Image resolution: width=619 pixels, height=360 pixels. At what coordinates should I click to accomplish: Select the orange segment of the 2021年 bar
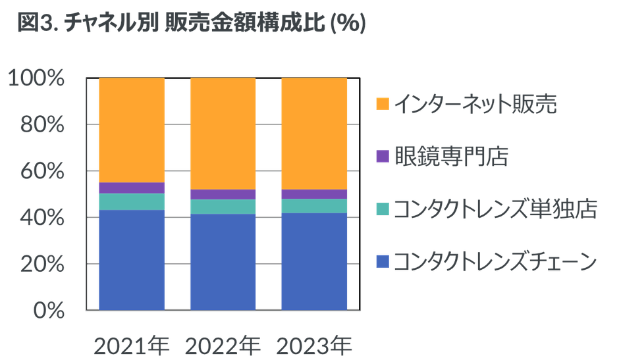click(x=132, y=130)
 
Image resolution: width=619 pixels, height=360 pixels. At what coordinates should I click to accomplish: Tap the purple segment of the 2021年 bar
click(x=132, y=188)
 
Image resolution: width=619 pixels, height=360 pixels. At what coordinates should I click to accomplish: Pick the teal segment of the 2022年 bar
click(x=223, y=207)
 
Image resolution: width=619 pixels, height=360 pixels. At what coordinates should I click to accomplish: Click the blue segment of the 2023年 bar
click(x=314, y=261)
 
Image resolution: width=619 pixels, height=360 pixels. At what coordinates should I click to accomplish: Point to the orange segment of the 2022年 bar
click(x=223, y=133)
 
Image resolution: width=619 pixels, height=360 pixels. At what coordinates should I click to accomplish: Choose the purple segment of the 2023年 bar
click(x=314, y=194)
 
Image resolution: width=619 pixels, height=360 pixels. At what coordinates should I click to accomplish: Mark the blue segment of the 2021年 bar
click(x=132, y=260)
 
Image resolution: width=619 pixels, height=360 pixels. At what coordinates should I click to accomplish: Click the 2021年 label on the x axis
click(x=132, y=345)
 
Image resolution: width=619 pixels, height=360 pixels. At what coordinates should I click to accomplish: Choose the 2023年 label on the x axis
click(x=314, y=345)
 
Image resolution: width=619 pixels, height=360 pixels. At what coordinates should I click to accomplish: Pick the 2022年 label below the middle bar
click(x=223, y=345)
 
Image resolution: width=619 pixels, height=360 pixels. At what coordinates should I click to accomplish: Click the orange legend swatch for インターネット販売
click(x=383, y=104)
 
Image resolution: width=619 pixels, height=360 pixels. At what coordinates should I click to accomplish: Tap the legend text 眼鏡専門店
click(x=452, y=157)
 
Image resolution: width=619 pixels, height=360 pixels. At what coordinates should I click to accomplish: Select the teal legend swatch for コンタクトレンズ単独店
click(x=383, y=210)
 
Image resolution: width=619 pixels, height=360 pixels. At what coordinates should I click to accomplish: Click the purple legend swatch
click(x=383, y=157)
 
